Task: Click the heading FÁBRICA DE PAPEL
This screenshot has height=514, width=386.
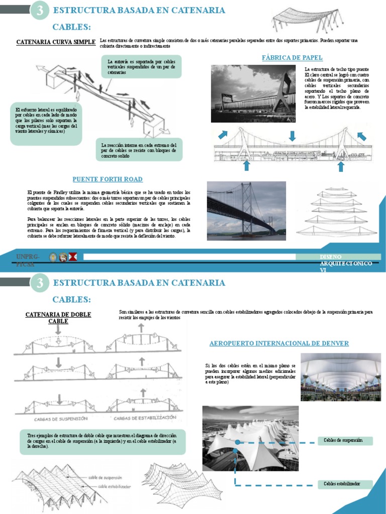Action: coord(292,58)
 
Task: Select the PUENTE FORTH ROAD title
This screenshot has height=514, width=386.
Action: coord(108,179)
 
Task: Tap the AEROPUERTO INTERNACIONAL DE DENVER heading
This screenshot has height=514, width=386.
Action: coord(279,343)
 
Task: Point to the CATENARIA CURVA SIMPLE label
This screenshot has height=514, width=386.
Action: coord(56,43)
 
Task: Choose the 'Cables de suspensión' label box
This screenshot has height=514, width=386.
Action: coord(346,441)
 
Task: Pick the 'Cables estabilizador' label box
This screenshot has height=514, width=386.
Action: coord(345,484)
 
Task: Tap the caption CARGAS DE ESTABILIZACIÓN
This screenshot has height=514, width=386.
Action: coord(144,418)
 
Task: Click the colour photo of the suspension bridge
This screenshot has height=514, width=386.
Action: coord(246,211)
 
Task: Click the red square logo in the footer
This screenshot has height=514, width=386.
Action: coord(73,258)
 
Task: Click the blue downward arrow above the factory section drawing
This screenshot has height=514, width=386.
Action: coord(293,136)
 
